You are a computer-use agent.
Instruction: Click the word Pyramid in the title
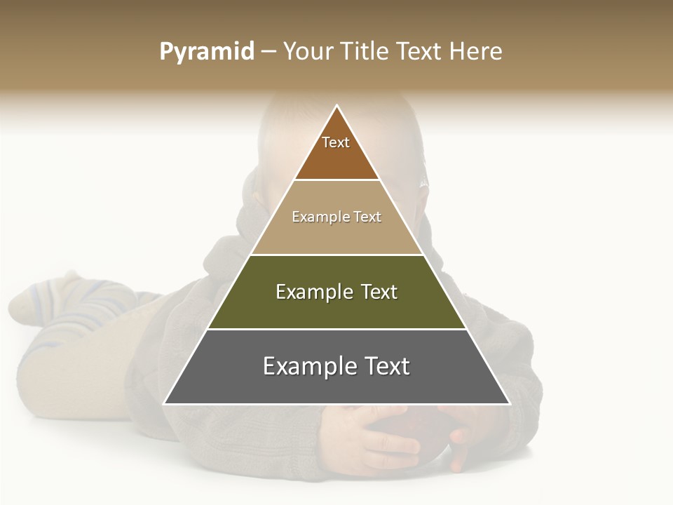pos(206,52)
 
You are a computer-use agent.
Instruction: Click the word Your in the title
pos(308,52)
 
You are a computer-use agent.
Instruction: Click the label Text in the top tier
pos(336,142)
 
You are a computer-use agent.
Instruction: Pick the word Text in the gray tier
pos(386,366)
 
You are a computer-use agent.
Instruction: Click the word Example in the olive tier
pos(313,292)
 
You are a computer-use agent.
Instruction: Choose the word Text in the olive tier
pos(379,292)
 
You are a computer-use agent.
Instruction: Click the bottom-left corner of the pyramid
pos(164,403)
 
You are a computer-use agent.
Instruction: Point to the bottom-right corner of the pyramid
pos(510,403)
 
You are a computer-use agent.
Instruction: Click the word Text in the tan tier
pos(367,217)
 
